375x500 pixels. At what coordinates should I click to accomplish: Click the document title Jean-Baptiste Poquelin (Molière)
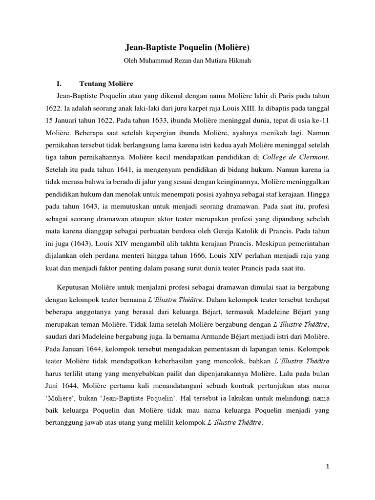[187, 48]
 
